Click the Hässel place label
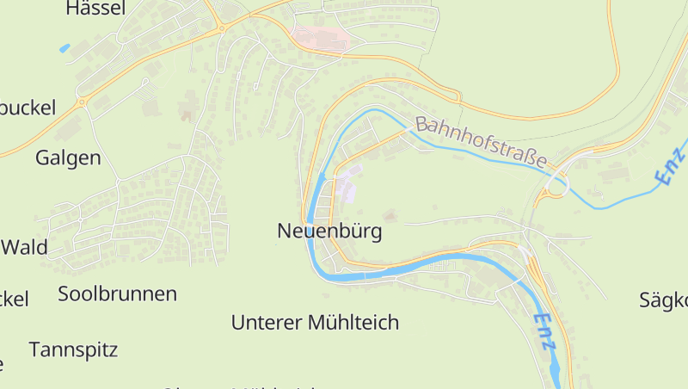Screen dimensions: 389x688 click(x=95, y=9)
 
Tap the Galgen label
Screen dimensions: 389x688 click(x=68, y=157)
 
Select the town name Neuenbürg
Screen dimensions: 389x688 click(x=329, y=231)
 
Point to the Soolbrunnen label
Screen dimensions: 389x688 click(x=117, y=293)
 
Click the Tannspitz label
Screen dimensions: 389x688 click(x=73, y=349)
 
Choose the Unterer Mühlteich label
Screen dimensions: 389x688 click(x=315, y=323)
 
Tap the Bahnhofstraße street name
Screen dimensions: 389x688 click(x=482, y=142)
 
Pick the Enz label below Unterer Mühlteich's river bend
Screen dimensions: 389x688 click(x=544, y=332)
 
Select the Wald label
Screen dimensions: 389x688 click(x=24, y=248)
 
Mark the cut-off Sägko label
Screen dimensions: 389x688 click(x=663, y=299)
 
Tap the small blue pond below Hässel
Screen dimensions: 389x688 click(x=64, y=48)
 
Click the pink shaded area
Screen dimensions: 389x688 click(x=321, y=37)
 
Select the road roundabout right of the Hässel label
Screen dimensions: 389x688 click(x=221, y=28)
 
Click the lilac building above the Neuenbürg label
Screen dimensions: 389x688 click(x=347, y=185)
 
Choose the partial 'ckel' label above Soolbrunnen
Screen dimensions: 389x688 click(x=14, y=299)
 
